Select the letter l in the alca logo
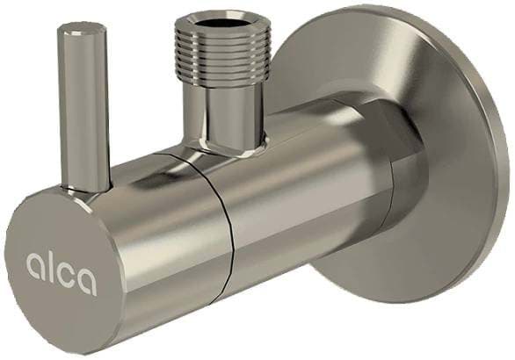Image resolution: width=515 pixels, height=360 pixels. click(52, 265)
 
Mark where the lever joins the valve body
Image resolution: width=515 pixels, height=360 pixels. click(86, 191)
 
